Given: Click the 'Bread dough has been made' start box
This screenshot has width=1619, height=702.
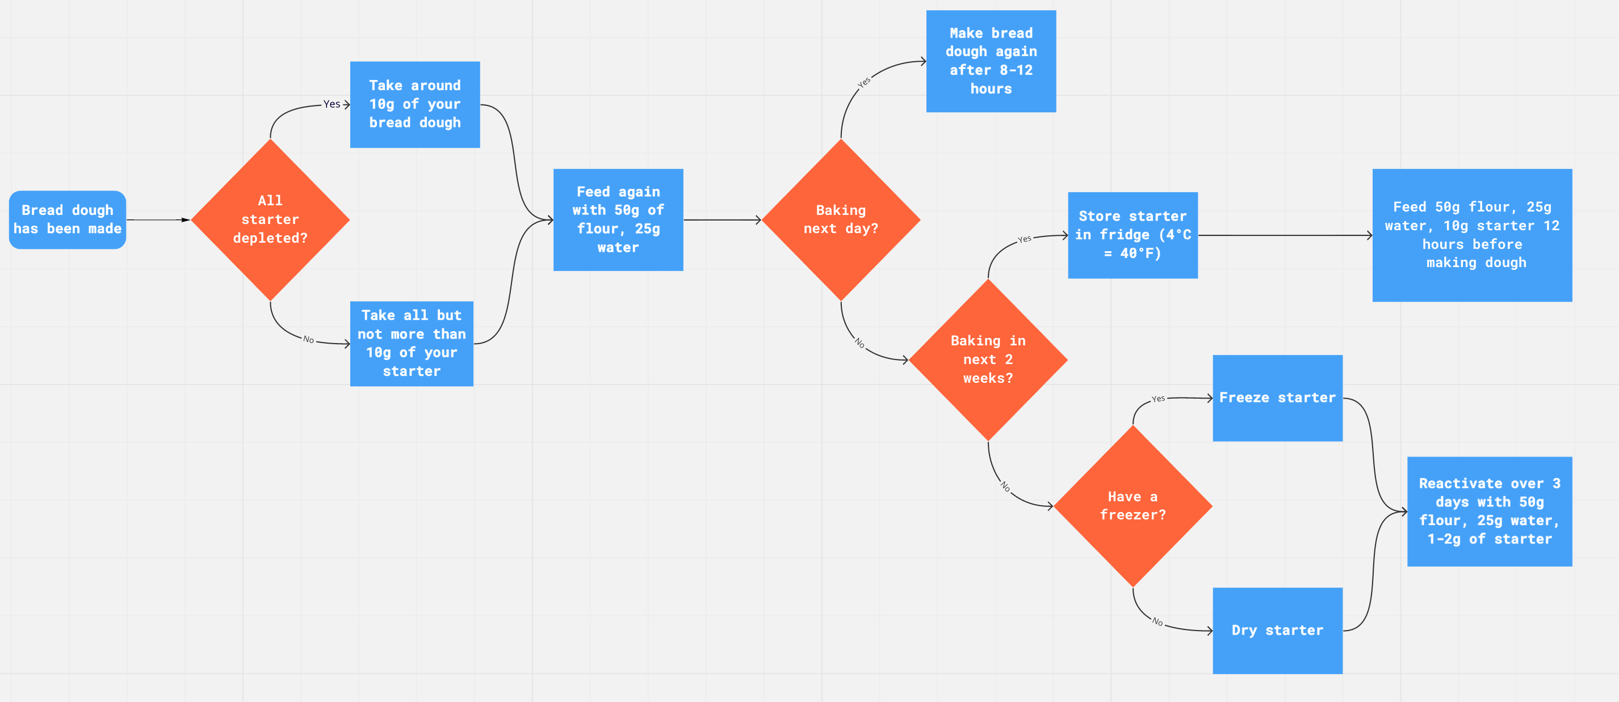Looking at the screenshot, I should click(x=67, y=220).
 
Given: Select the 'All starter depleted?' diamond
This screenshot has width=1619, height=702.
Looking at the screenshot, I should click(x=270, y=220).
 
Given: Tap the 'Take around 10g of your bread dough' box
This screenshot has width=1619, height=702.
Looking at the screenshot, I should click(x=415, y=104).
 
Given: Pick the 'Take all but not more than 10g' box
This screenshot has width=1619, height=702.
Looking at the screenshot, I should click(x=412, y=344).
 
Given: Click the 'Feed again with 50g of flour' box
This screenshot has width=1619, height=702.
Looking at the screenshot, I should click(x=618, y=220).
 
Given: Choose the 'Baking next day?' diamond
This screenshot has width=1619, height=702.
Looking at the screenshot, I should click(x=841, y=220).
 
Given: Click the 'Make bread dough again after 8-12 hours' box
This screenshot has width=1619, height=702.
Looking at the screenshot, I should click(x=991, y=61).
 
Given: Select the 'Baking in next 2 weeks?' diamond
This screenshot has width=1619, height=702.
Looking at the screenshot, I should click(x=988, y=359).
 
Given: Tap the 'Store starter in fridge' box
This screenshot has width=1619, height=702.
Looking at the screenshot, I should click(x=1133, y=235).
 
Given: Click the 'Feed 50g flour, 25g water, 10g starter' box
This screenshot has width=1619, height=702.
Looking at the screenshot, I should click(x=1472, y=235).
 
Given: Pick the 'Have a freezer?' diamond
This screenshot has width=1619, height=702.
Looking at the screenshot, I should click(x=1133, y=506).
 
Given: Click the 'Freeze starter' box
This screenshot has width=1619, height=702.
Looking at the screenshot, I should click(x=1277, y=397).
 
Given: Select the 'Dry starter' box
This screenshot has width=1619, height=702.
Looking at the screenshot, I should click(x=1277, y=631).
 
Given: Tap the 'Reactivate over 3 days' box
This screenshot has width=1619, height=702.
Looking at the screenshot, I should click(x=1490, y=511).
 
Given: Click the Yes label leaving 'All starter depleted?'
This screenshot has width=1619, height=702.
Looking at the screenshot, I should click(x=331, y=104).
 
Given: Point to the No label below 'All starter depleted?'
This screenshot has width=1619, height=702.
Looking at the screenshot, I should click(x=308, y=340).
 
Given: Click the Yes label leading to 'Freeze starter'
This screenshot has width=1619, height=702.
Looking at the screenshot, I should click(x=1158, y=399).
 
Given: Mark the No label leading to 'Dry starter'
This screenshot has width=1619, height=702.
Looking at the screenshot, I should click(x=1157, y=621).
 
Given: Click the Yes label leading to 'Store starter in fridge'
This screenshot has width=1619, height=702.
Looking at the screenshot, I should click(x=1025, y=239).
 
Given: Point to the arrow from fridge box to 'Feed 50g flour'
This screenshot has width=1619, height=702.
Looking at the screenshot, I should click(x=1285, y=235).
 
